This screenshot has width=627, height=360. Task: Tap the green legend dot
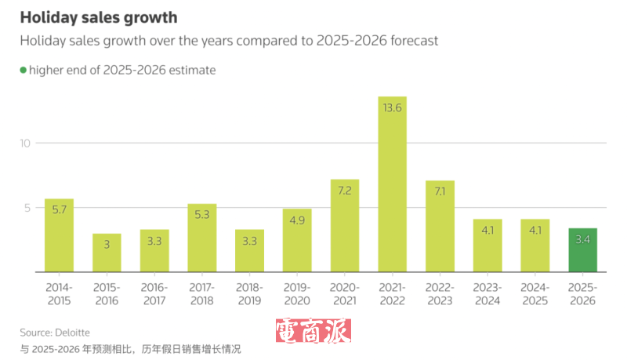[24, 70]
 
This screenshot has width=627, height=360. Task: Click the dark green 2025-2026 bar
[582, 250]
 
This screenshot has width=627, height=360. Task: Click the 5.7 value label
[59, 210]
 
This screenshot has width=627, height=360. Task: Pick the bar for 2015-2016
[107, 253]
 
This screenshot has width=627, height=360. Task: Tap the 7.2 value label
[344, 191]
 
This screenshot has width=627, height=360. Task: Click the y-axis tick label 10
[25, 143]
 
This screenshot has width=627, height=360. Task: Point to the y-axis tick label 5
[27, 208]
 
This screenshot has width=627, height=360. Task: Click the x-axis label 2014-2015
[59, 294]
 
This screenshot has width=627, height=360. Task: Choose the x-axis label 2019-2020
[297, 294]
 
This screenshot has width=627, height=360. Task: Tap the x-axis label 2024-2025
[535, 294]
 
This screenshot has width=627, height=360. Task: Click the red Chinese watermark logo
[313, 331]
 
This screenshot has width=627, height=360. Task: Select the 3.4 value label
[582, 239]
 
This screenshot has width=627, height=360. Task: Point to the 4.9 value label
[297, 220]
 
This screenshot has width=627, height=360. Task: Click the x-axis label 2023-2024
[487, 294]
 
